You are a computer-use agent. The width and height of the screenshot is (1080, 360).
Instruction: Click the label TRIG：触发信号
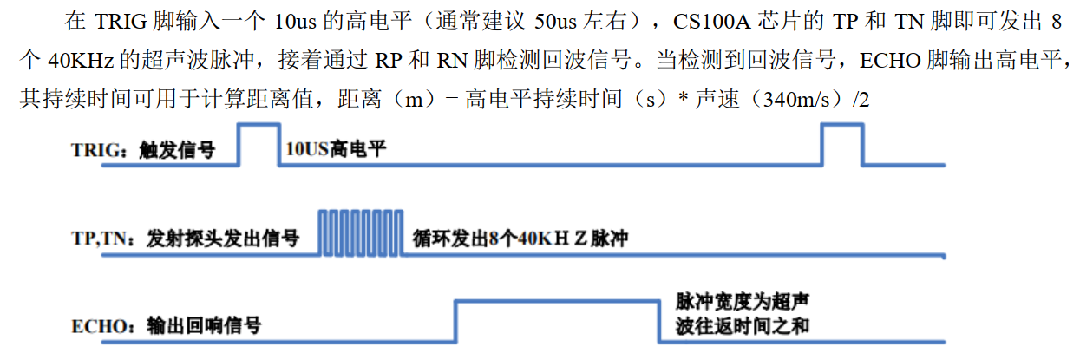coord(143,150)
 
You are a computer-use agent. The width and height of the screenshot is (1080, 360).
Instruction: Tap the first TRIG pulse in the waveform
coord(259,143)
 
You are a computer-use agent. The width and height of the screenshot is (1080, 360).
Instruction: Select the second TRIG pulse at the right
coord(842,143)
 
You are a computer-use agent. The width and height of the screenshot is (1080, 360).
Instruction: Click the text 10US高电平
coord(335,150)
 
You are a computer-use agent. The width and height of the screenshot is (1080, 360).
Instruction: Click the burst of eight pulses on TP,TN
coord(359,232)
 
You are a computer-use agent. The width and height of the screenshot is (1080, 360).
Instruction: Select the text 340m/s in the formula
coord(793,101)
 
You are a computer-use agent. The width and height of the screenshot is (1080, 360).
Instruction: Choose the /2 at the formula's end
coord(861,101)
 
